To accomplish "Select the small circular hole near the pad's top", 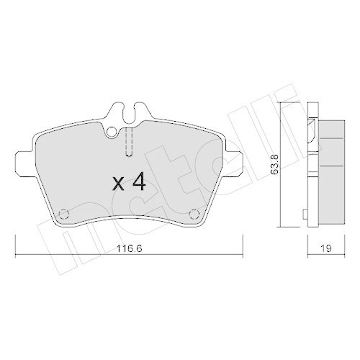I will [x=112, y=132].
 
